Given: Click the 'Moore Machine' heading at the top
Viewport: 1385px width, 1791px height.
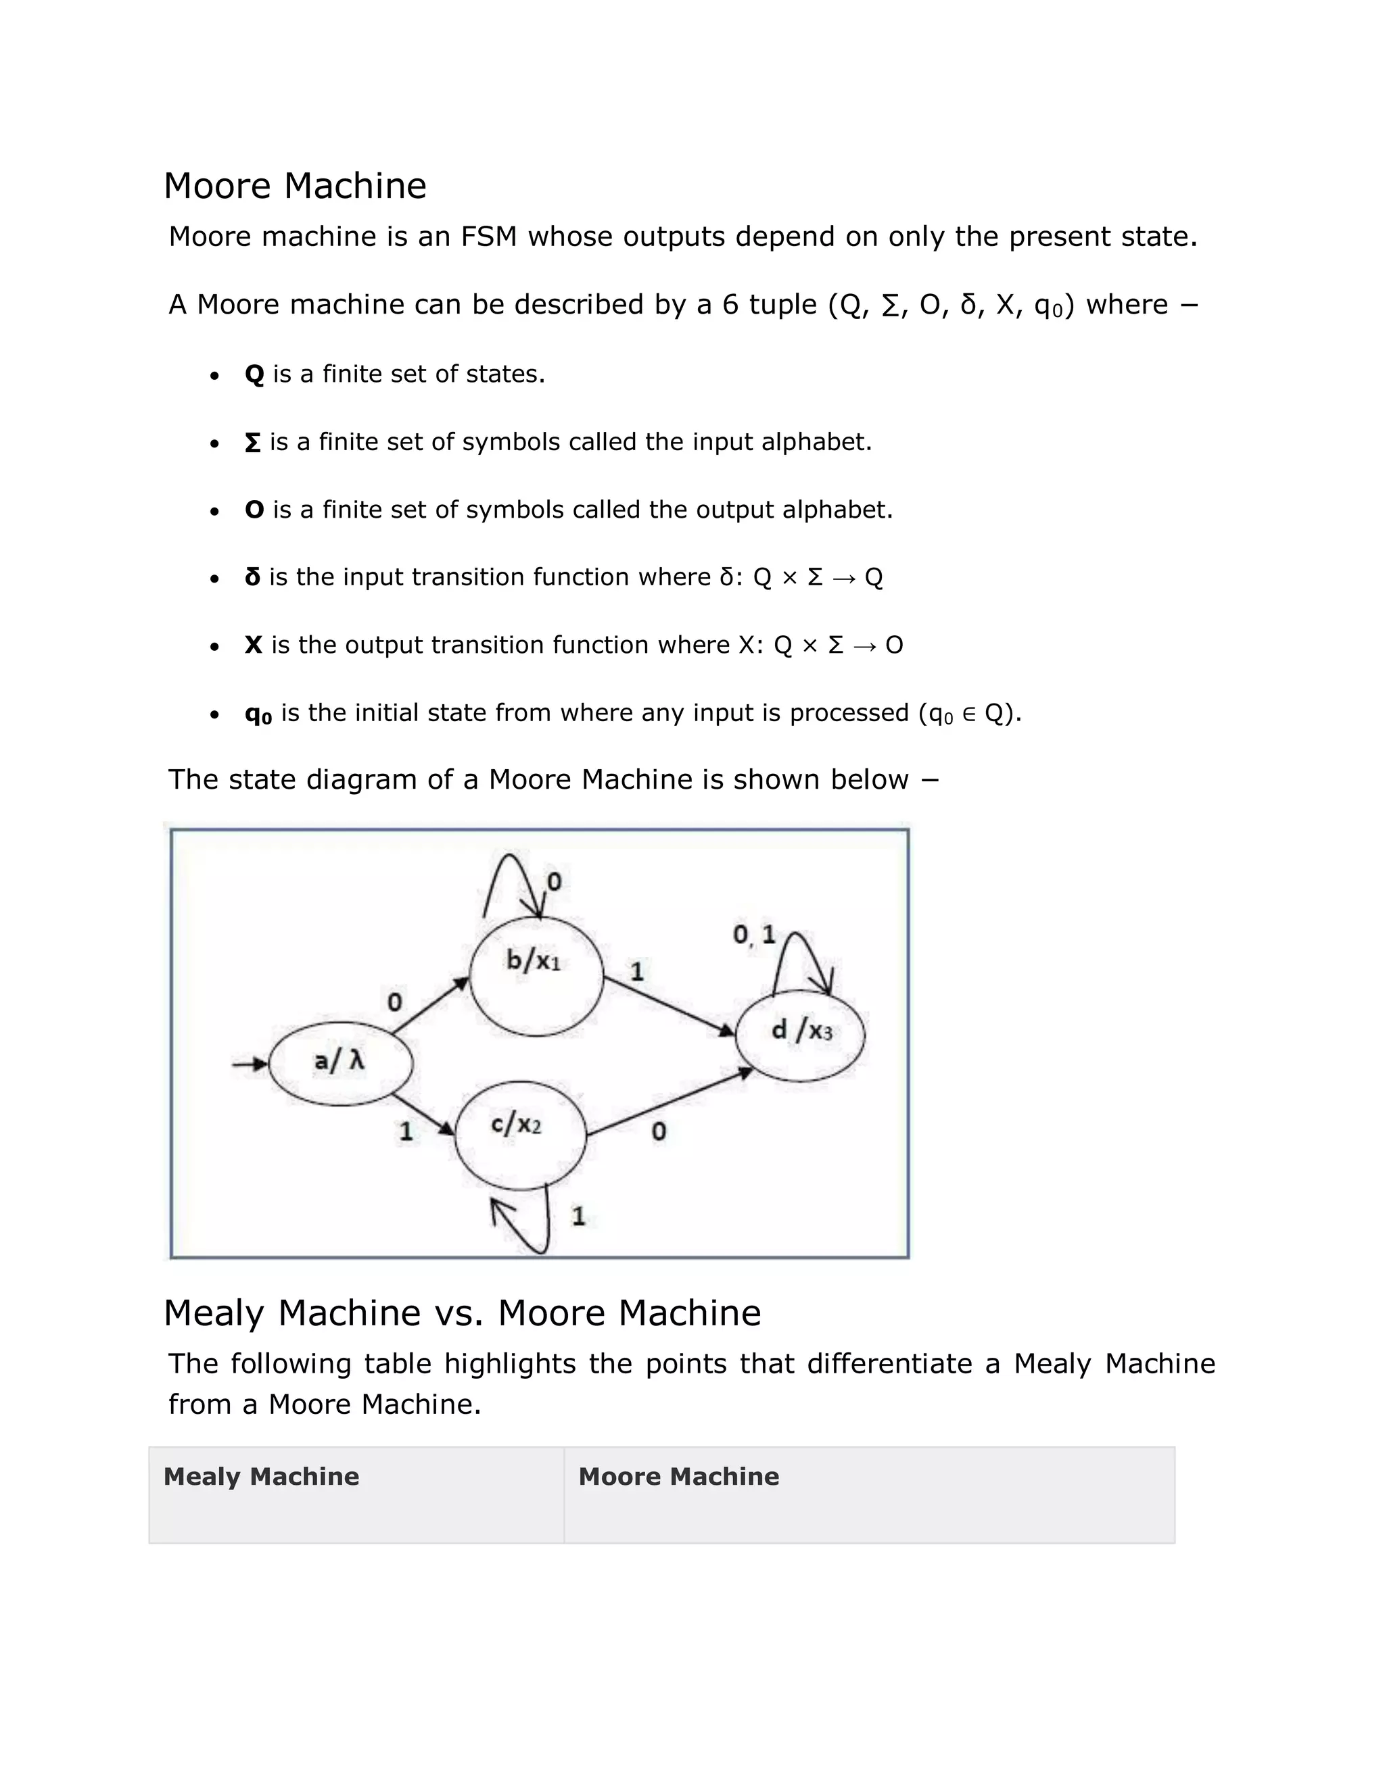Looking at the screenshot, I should click(295, 186).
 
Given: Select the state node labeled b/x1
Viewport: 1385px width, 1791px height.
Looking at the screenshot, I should click(536, 976).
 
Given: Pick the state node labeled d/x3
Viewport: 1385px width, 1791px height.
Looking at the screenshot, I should click(801, 1035).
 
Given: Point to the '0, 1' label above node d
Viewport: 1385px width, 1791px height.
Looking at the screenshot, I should click(753, 934).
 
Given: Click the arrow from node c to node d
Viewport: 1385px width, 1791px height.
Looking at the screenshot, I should click(669, 1103).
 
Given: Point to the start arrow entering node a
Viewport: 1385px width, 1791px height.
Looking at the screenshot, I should click(250, 1064).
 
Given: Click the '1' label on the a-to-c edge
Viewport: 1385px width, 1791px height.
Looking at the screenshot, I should click(405, 1131).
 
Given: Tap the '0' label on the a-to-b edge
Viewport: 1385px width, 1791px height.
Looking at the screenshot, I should click(395, 1002).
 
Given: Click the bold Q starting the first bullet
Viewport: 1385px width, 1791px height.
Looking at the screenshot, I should click(254, 375).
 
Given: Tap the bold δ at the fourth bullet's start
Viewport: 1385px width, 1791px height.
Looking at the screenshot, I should click(253, 577).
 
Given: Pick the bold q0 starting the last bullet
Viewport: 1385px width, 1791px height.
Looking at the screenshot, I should click(258, 714).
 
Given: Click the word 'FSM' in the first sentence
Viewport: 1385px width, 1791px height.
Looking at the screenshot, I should click(488, 237).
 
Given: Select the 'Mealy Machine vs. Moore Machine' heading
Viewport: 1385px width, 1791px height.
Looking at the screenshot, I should click(462, 1313).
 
